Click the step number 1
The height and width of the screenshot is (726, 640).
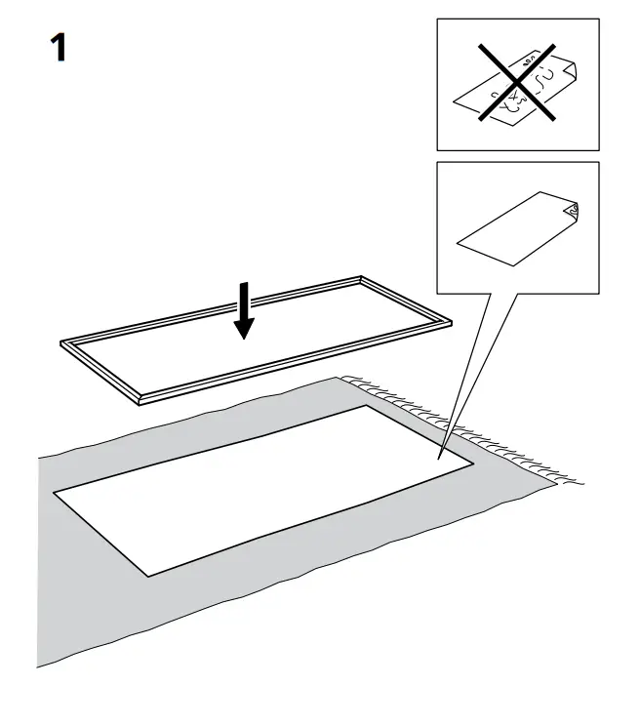[x=58, y=48]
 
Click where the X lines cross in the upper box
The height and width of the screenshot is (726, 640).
[x=517, y=83]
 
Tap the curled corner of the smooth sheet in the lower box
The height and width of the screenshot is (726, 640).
[x=573, y=210]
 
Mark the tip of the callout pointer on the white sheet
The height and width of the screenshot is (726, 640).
[x=439, y=458]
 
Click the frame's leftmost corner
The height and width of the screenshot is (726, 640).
[x=62, y=344]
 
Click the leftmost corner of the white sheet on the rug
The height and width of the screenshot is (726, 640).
[x=54, y=491]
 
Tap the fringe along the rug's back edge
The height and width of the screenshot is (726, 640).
[x=410, y=399]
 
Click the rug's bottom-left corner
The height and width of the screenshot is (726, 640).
[x=39, y=667]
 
